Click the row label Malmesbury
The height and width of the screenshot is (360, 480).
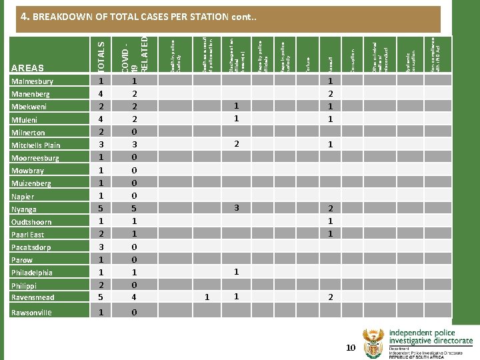coord(32,82)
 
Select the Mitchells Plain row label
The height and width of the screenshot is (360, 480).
coord(35,145)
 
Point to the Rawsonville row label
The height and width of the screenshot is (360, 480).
coord(31,312)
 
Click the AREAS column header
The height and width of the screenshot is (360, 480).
coord(28,67)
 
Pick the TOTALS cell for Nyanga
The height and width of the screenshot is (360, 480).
coord(101,209)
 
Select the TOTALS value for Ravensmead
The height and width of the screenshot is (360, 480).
coord(101,297)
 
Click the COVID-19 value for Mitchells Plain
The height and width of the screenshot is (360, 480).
coord(135,145)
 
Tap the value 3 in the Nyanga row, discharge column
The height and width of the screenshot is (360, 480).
coord(236,208)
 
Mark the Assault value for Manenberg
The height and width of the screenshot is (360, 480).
coord(329,94)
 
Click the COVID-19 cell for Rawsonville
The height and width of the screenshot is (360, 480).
coord(135,312)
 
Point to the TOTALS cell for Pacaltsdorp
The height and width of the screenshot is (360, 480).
coord(101,247)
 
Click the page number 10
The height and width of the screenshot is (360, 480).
coord(351,348)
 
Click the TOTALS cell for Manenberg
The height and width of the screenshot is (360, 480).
coord(101,94)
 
